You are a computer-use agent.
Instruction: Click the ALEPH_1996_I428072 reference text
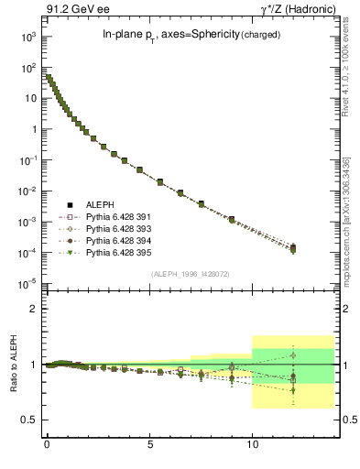(190, 274)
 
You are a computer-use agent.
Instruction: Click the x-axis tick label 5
(150, 447)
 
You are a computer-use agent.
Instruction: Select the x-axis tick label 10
(253, 447)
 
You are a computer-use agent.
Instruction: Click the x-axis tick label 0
(47, 447)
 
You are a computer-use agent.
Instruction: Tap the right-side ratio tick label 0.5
(348, 420)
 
